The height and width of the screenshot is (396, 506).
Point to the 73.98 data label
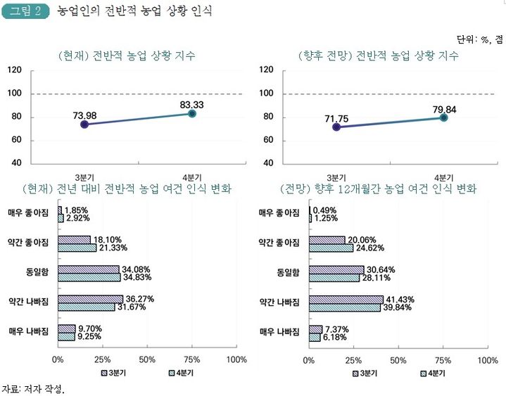(84, 115)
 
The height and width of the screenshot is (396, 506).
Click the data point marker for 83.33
(192, 113)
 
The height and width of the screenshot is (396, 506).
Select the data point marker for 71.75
(336, 127)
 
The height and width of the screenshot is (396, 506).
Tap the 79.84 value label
(443, 108)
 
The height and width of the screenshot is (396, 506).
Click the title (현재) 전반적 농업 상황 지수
(127, 56)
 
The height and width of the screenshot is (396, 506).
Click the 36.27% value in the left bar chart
(139, 299)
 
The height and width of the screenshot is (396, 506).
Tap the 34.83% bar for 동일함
(89, 277)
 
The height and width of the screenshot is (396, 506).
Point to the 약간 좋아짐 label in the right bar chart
(279, 243)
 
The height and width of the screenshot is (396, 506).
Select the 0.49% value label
(325, 210)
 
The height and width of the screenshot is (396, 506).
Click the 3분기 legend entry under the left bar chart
(112, 373)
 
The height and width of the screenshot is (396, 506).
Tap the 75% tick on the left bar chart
(192, 359)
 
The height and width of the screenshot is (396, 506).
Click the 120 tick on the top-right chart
(267, 70)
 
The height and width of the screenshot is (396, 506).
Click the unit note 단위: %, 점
(479, 39)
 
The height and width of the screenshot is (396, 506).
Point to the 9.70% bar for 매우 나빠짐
(67, 328)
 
